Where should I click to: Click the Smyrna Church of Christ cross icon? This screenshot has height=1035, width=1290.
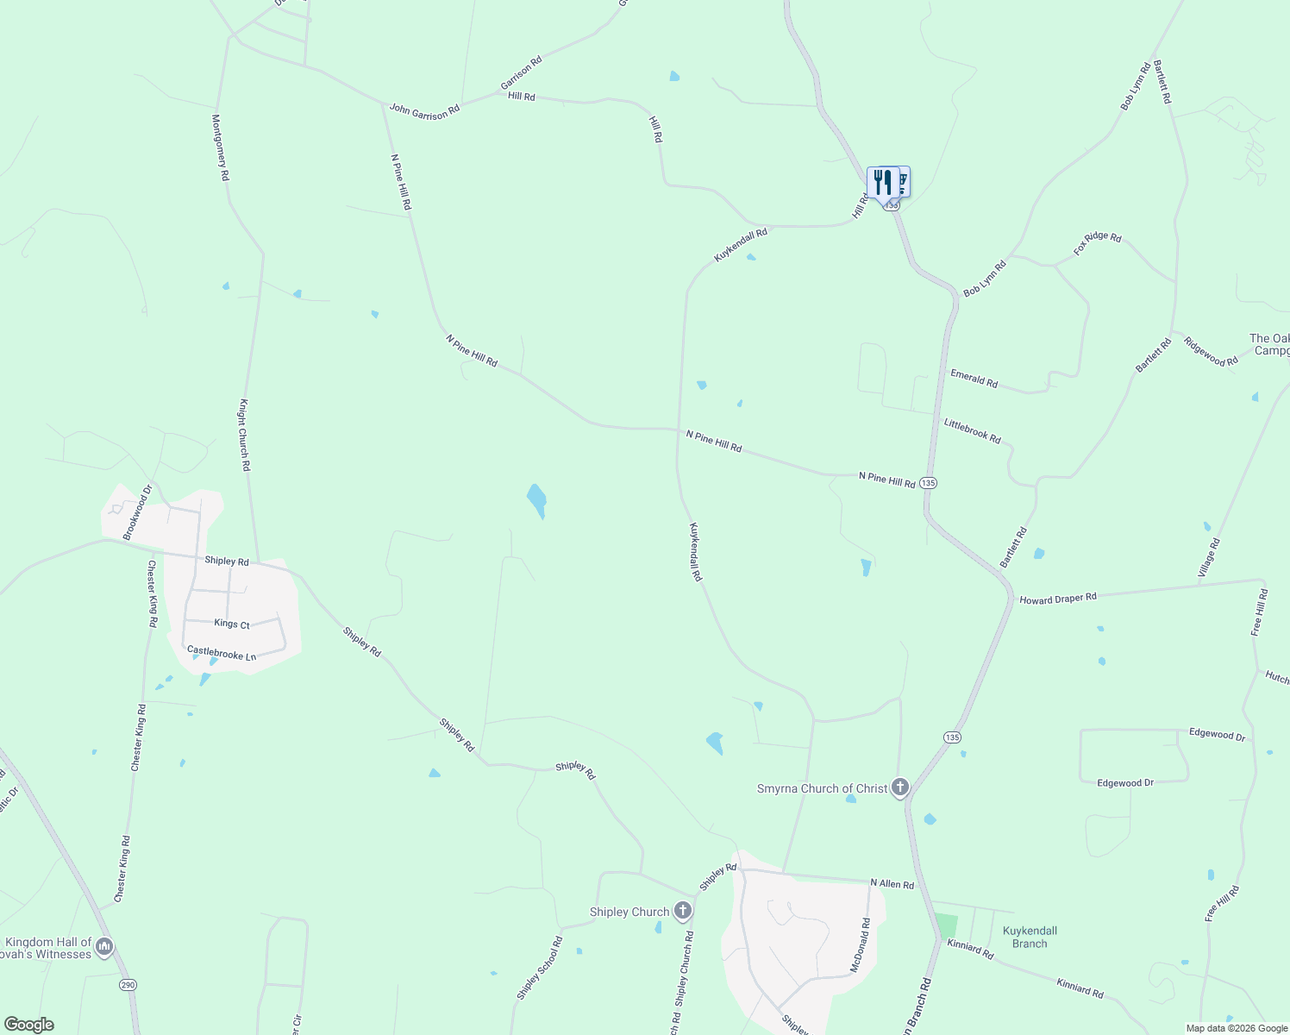(x=900, y=787)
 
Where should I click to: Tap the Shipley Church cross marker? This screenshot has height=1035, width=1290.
(x=683, y=911)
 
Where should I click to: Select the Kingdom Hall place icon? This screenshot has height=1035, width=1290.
(x=104, y=947)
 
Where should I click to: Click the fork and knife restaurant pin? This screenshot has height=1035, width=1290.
(x=882, y=183)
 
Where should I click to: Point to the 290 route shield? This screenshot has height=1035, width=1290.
(x=128, y=985)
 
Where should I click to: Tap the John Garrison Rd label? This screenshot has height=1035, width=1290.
(x=424, y=110)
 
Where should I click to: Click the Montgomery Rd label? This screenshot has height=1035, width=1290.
(x=221, y=147)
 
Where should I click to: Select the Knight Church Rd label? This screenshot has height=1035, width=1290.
(x=245, y=435)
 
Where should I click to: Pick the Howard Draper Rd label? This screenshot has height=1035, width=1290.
(x=1057, y=598)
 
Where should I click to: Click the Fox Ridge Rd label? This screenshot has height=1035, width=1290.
(x=1097, y=243)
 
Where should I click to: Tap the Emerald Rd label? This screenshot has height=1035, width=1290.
(x=974, y=378)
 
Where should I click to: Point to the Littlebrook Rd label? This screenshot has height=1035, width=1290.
(x=972, y=431)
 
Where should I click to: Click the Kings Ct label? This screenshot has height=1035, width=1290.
(x=232, y=624)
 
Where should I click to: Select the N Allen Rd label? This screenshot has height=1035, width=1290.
(x=892, y=883)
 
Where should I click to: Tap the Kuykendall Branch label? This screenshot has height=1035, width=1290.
(x=1030, y=937)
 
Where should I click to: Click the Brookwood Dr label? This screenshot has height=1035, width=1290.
(x=137, y=512)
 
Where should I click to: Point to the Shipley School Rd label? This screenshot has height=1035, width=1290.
(x=540, y=968)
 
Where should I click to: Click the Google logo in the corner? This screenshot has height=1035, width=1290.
(x=29, y=1024)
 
